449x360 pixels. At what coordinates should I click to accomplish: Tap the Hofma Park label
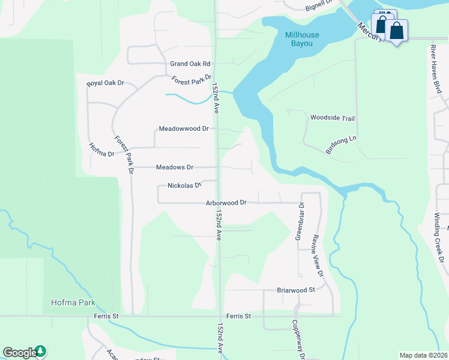74,303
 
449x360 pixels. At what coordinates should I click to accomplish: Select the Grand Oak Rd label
190,64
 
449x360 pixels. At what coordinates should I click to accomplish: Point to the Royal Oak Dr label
105,83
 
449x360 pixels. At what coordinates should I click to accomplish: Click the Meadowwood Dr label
183,128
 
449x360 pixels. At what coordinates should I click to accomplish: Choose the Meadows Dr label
174,167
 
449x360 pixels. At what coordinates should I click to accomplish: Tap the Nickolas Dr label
184,185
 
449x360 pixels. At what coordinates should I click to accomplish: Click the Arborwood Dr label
226,203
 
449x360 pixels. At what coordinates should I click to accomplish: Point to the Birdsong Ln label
341,145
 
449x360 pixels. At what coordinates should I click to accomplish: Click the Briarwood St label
296,290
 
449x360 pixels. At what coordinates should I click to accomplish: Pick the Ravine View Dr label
317,254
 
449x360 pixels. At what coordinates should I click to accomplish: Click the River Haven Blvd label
438,68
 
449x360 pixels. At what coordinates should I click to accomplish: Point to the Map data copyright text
423,355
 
